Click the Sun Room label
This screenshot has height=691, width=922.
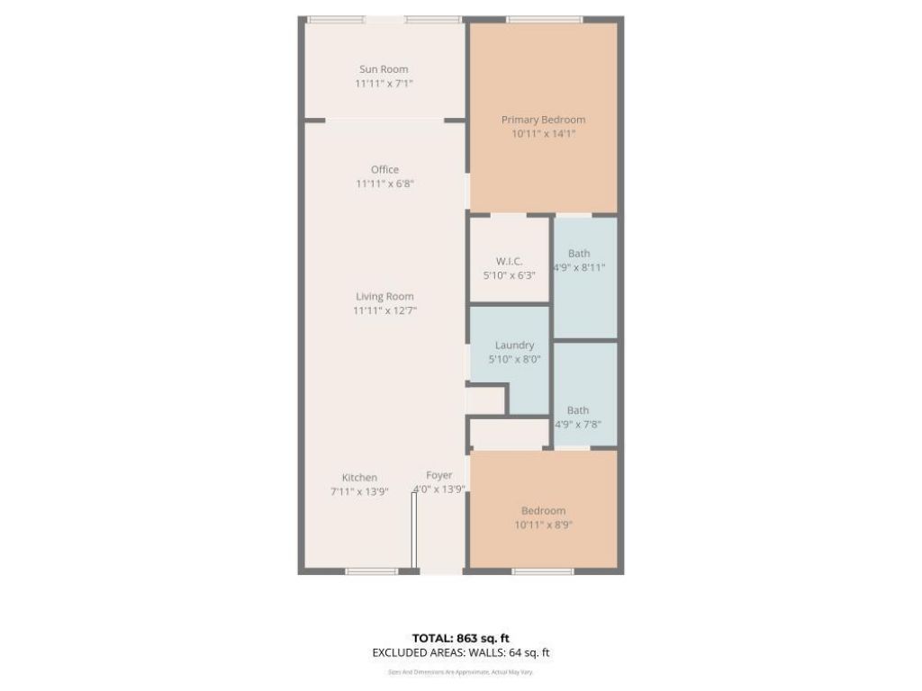384,69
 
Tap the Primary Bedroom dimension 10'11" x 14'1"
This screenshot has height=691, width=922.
543,134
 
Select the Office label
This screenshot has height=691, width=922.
384,169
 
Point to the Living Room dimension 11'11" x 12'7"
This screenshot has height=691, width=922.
384,310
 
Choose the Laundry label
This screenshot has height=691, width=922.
514,345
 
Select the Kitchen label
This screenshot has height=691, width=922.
359,477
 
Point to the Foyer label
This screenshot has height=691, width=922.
439,475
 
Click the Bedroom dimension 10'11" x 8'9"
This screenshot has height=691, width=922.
543,525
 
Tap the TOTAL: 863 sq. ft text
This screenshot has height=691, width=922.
461,638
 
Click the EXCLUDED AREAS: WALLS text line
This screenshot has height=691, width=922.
461,653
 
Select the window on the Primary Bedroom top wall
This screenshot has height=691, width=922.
544,19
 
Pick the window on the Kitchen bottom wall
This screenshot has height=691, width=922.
372,571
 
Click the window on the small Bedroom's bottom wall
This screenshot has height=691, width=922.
543,571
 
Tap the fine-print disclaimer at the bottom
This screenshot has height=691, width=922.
461,671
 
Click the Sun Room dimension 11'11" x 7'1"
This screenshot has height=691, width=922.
384,84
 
